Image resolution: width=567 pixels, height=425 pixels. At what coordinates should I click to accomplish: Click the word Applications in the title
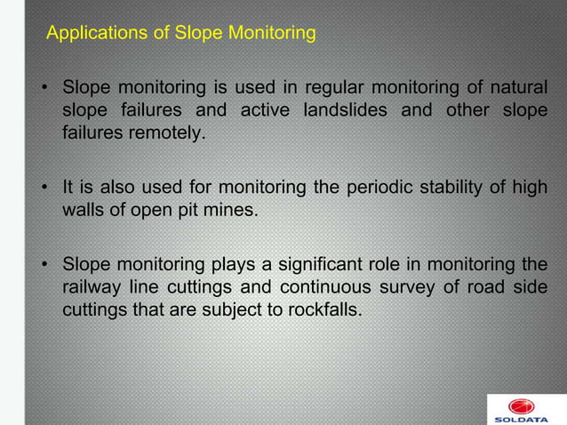click(x=91, y=35)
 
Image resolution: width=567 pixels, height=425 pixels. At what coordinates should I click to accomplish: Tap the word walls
click(x=83, y=212)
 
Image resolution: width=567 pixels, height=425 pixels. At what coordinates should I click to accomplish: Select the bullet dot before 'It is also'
click(x=44, y=188)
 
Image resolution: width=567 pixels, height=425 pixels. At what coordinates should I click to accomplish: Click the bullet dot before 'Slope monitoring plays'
click(x=44, y=265)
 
